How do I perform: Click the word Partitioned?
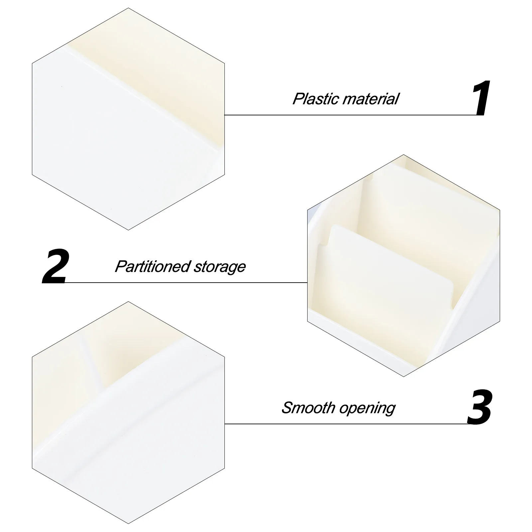point(152,267)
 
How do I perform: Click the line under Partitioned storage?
point(186,283)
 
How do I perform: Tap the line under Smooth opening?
point(346,424)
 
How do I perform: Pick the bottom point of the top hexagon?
point(128,230)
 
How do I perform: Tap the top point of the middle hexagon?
point(404,155)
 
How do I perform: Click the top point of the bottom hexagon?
point(128,302)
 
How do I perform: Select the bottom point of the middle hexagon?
point(404,376)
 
